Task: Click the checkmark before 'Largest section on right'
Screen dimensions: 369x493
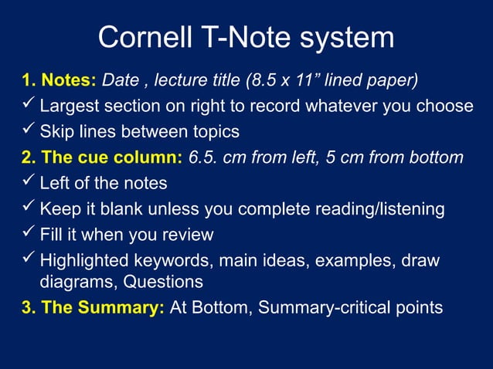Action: pos(29,104)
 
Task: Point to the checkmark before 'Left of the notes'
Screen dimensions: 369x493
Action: pos(29,183)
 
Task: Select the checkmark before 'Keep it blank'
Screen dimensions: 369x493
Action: pos(29,208)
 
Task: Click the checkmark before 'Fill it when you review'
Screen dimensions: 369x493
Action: pos(29,233)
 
